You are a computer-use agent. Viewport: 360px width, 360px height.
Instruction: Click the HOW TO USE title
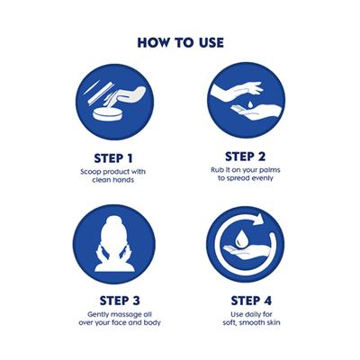click(180, 41)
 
